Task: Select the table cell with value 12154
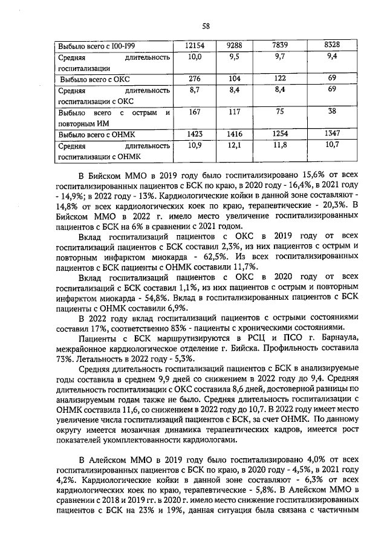point(194,45)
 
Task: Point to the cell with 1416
point(237,133)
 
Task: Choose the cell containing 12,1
point(237,145)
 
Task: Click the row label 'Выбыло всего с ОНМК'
point(96,134)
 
